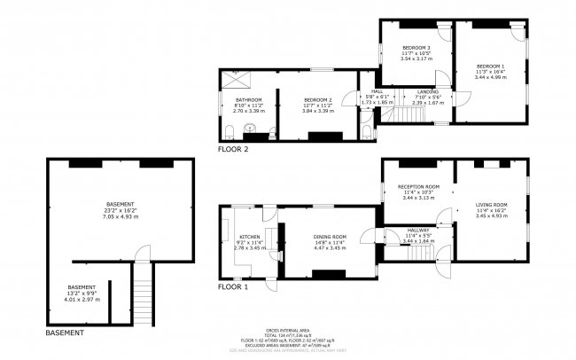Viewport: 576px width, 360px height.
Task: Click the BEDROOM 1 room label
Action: click(490, 67)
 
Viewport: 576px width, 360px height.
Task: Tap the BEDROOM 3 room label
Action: click(416, 48)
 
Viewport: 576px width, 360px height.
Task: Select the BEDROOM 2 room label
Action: click(317, 100)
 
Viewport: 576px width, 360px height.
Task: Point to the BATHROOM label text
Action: click(248, 100)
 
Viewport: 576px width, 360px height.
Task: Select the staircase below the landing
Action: click(410, 115)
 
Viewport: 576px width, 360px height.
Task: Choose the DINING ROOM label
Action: click(330, 237)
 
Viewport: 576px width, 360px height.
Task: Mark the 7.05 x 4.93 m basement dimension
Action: click(121, 217)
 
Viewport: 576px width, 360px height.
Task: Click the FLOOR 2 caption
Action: click(234, 150)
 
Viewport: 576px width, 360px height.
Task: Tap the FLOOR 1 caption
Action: click(234, 287)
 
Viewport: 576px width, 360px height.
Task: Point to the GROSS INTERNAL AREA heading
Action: click(287, 329)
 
